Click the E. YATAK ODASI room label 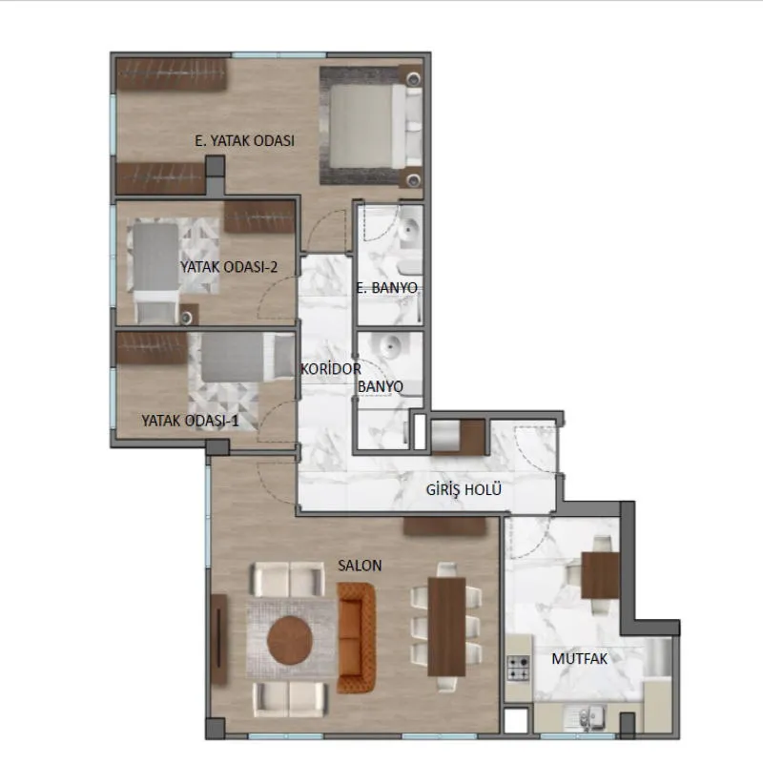pyautogui.click(x=244, y=140)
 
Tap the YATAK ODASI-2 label pyautogui.click(x=229, y=267)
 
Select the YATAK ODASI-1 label pyautogui.click(x=190, y=421)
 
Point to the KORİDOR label pyautogui.click(x=330, y=369)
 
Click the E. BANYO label pyautogui.click(x=386, y=288)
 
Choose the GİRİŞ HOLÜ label pyautogui.click(x=464, y=489)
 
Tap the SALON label pyautogui.click(x=360, y=566)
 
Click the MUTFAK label pyautogui.click(x=580, y=659)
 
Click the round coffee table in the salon pyautogui.click(x=290, y=640)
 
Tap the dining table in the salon pyautogui.click(x=446, y=627)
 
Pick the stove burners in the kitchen pyautogui.click(x=518, y=668)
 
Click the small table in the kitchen pyautogui.click(x=600, y=575)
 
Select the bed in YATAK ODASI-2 pyautogui.click(x=155, y=270)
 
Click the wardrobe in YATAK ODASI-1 pyautogui.click(x=152, y=348)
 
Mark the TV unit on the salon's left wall pyautogui.click(x=218, y=638)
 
